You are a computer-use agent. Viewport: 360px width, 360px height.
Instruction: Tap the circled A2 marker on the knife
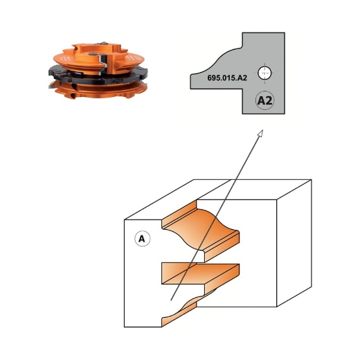pyautogui.click(x=264, y=100)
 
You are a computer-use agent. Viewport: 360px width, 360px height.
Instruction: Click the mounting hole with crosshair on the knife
pyautogui.click(x=264, y=71)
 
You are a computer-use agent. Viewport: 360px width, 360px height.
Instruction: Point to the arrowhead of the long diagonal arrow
pyautogui.click(x=261, y=133)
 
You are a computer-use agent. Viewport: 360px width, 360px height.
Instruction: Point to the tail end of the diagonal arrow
pyautogui.click(x=171, y=299)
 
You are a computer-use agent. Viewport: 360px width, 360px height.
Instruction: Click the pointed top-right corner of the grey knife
pyautogui.click(x=285, y=33)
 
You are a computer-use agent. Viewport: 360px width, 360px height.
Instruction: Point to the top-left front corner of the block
pyautogui.click(x=124, y=221)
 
